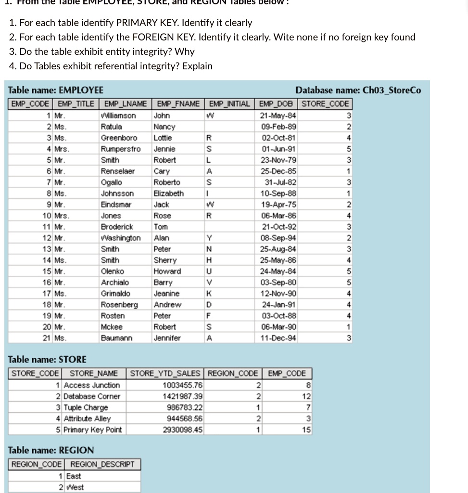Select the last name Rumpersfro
coord(121,149)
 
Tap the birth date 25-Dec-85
coord(278,171)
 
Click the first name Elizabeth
coord(168,193)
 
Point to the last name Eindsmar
coord(116,204)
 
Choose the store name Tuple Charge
coord(86,407)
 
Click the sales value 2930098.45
coord(183,429)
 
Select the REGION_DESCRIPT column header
coord(102,464)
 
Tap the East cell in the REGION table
coord(74,476)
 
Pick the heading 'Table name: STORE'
coord(48,359)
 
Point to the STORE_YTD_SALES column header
coord(165,373)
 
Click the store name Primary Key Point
coord(93,429)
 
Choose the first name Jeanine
coord(166,293)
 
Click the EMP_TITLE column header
coord(76,104)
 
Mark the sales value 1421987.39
coord(183,396)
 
